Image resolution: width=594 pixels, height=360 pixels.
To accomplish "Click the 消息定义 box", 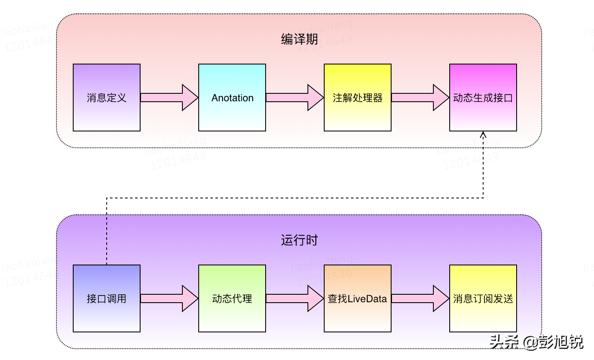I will [107, 98].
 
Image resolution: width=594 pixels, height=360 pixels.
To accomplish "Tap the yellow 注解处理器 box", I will [358, 98].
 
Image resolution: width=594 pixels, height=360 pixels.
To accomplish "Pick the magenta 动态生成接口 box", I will [483, 98].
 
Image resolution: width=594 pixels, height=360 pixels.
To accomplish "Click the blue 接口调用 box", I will [107, 298].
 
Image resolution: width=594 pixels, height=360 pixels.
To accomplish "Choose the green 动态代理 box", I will [232, 298].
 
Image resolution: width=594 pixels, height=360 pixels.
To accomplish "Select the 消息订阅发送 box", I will [483, 298].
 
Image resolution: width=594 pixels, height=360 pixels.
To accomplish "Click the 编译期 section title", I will [299, 39].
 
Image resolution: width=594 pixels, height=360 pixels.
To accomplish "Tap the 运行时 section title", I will [299, 240].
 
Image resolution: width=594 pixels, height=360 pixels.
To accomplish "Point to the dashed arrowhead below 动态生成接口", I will [483, 135].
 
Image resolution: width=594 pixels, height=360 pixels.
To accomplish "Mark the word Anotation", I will [232, 98].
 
